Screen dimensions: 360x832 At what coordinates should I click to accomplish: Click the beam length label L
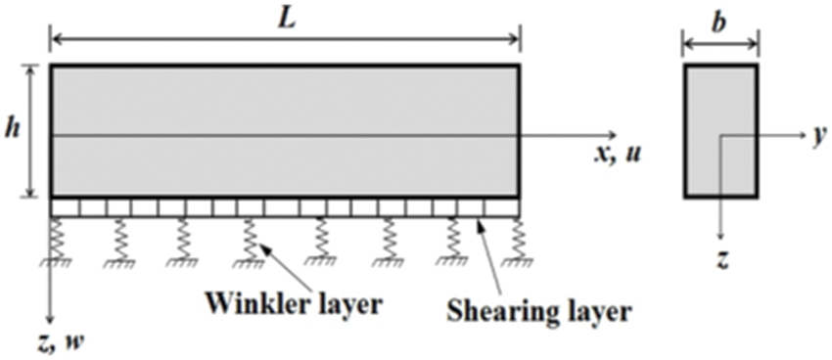pos(284,19)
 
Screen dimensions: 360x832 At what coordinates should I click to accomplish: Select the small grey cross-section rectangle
pos(720,130)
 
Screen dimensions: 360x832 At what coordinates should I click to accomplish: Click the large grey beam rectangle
pos(284,130)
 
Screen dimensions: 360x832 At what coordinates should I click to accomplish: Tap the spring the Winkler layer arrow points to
pos(250,238)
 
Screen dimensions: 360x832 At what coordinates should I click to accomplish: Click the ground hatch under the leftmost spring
pos(60,261)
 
